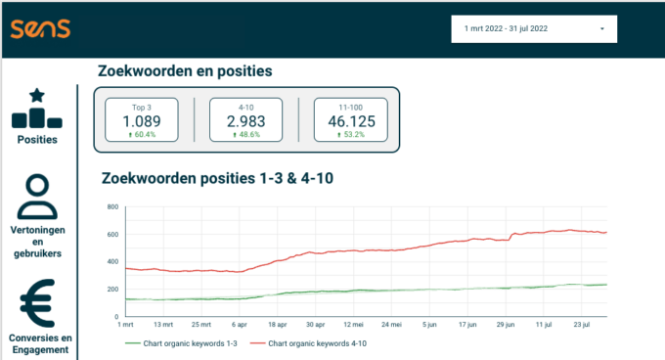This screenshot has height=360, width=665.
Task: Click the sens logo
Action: tap(40, 28)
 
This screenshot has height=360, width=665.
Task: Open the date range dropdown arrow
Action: tap(601, 29)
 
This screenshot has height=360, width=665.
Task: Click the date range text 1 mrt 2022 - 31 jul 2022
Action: tap(507, 29)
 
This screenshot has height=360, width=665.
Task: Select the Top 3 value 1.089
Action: tap(142, 121)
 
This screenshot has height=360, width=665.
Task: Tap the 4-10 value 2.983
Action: tap(245, 121)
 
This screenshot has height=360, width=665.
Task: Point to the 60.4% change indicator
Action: tap(142, 135)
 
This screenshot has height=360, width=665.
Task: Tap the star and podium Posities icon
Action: tap(37, 109)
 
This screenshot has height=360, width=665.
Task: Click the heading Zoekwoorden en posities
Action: tap(185, 71)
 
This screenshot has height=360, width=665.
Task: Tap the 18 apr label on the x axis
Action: tap(277, 324)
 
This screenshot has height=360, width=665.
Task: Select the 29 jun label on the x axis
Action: tap(505, 324)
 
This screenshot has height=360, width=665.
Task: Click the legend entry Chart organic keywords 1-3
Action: tap(182, 343)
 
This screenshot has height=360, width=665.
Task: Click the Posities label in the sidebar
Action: tap(37, 139)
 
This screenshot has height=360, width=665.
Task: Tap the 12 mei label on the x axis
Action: tap(352, 324)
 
